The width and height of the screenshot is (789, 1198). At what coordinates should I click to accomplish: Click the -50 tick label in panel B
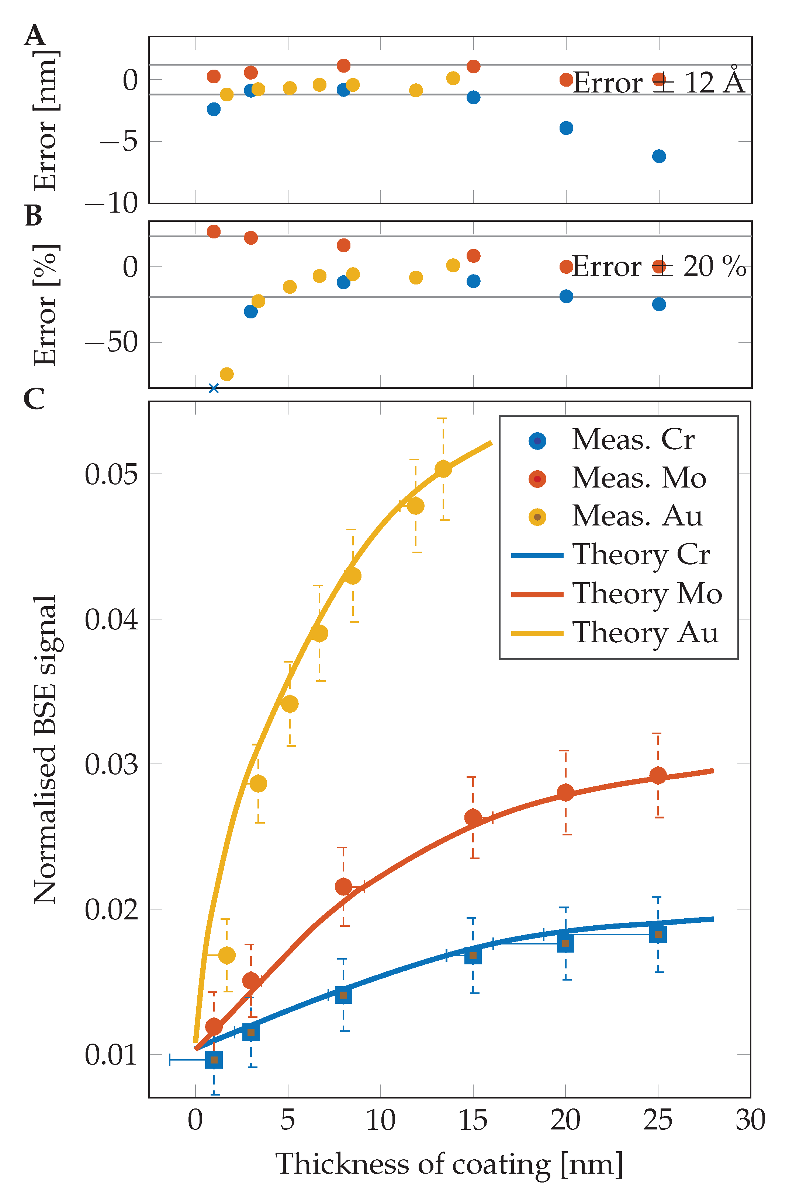(x=111, y=343)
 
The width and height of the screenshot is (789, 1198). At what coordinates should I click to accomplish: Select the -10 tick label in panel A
(x=111, y=203)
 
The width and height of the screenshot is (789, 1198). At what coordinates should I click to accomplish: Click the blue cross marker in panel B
(x=214, y=388)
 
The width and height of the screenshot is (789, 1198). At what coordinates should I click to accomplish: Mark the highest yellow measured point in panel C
(x=443, y=469)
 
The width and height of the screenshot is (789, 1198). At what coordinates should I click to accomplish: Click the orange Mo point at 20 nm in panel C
(x=565, y=793)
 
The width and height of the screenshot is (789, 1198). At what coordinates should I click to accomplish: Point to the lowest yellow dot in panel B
(x=227, y=374)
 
